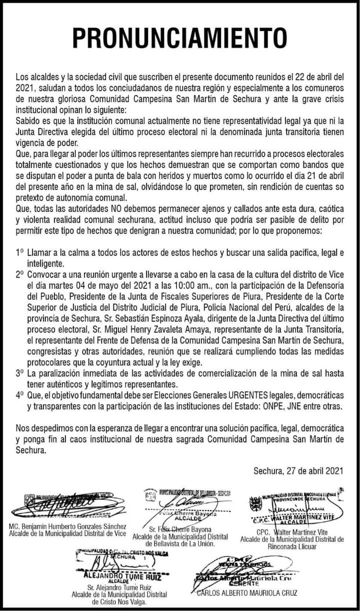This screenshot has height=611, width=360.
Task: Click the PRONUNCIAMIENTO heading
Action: click(x=180, y=39)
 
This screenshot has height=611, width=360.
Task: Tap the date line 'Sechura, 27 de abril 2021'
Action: click(x=298, y=470)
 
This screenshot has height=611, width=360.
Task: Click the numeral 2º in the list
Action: click(x=19, y=275)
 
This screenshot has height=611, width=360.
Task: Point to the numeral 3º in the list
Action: click(x=19, y=373)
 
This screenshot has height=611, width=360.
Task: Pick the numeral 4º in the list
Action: click(x=19, y=395)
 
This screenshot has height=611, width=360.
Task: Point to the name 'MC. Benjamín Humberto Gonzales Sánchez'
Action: click(x=67, y=527)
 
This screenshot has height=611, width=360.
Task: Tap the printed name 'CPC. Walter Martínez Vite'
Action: click(x=292, y=532)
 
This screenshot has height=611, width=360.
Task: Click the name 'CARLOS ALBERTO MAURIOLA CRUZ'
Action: click(x=247, y=593)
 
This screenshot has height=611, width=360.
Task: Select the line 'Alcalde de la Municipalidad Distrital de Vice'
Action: click(x=67, y=533)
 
